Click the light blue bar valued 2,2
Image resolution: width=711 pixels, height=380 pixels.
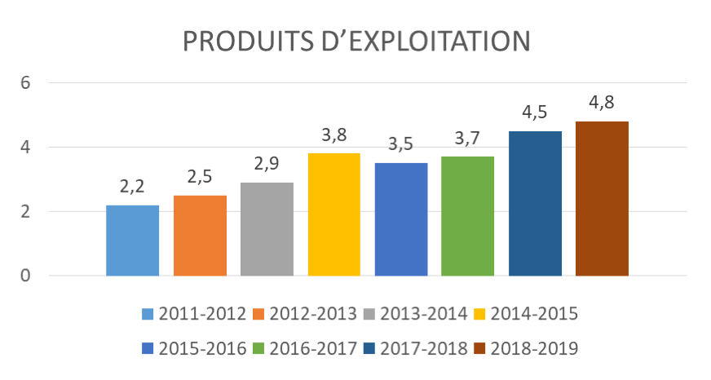(132, 241)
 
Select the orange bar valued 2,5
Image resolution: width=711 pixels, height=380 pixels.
(200, 236)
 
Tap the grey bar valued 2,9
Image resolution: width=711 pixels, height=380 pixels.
(267, 229)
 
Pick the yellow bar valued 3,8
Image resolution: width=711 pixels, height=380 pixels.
(334, 214)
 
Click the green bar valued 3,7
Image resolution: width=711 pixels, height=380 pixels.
(467, 216)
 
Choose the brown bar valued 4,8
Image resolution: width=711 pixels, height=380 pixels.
(603, 199)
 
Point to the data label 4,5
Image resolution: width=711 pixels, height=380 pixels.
(535, 113)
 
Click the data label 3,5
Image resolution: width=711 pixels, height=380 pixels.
(401, 144)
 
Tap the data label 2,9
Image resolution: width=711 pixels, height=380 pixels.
(267, 164)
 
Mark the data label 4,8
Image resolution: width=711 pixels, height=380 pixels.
(602, 103)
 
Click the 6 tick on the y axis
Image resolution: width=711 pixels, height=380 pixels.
(25, 83)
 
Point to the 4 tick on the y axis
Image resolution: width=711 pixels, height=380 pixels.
(25, 148)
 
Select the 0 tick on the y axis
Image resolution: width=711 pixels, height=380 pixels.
(25, 276)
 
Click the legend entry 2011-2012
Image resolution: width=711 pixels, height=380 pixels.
(193, 314)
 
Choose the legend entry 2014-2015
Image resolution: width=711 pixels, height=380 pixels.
(526, 314)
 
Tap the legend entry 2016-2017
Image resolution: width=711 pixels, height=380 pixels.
(304, 348)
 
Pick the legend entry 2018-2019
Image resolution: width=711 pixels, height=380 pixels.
(526, 348)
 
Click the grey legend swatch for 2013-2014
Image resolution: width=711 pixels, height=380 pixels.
(369, 314)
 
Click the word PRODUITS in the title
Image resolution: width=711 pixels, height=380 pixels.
(249, 42)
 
